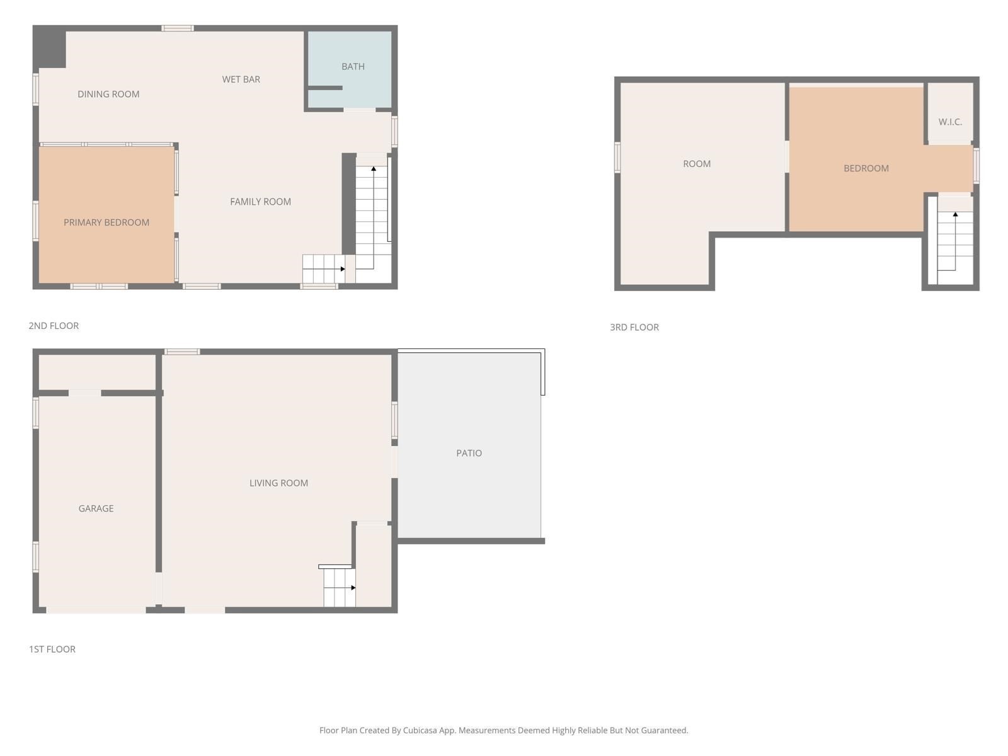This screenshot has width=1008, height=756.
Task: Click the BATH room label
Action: pos(353,66)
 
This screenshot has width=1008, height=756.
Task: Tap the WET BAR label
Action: pos(241,79)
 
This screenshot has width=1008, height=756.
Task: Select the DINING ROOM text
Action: pos(108,94)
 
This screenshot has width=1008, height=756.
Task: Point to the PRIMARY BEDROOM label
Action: pos(106,222)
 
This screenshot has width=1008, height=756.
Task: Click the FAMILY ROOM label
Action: pos(260,202)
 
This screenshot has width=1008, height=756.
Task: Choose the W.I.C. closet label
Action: pos(950,122)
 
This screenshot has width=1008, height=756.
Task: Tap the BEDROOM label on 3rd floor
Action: pos(866,168)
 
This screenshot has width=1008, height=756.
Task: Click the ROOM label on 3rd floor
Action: pos(697,164)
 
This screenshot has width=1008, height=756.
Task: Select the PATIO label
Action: pos(469,453)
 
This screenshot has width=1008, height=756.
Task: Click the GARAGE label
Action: pos(96,508)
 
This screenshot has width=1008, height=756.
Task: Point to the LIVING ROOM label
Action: pos(278,483)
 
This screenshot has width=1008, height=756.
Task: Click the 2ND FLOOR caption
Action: pos(54,326)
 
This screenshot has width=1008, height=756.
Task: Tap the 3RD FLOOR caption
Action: pos(634,327)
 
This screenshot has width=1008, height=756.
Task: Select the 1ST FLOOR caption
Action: pos(52,649)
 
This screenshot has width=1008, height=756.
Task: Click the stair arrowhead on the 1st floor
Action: pos(353,588)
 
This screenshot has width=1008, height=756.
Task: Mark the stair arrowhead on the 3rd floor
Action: pos(955,215)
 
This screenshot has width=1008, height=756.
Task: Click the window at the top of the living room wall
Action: pos(182,352)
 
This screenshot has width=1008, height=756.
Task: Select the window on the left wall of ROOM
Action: pos(617,157)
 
